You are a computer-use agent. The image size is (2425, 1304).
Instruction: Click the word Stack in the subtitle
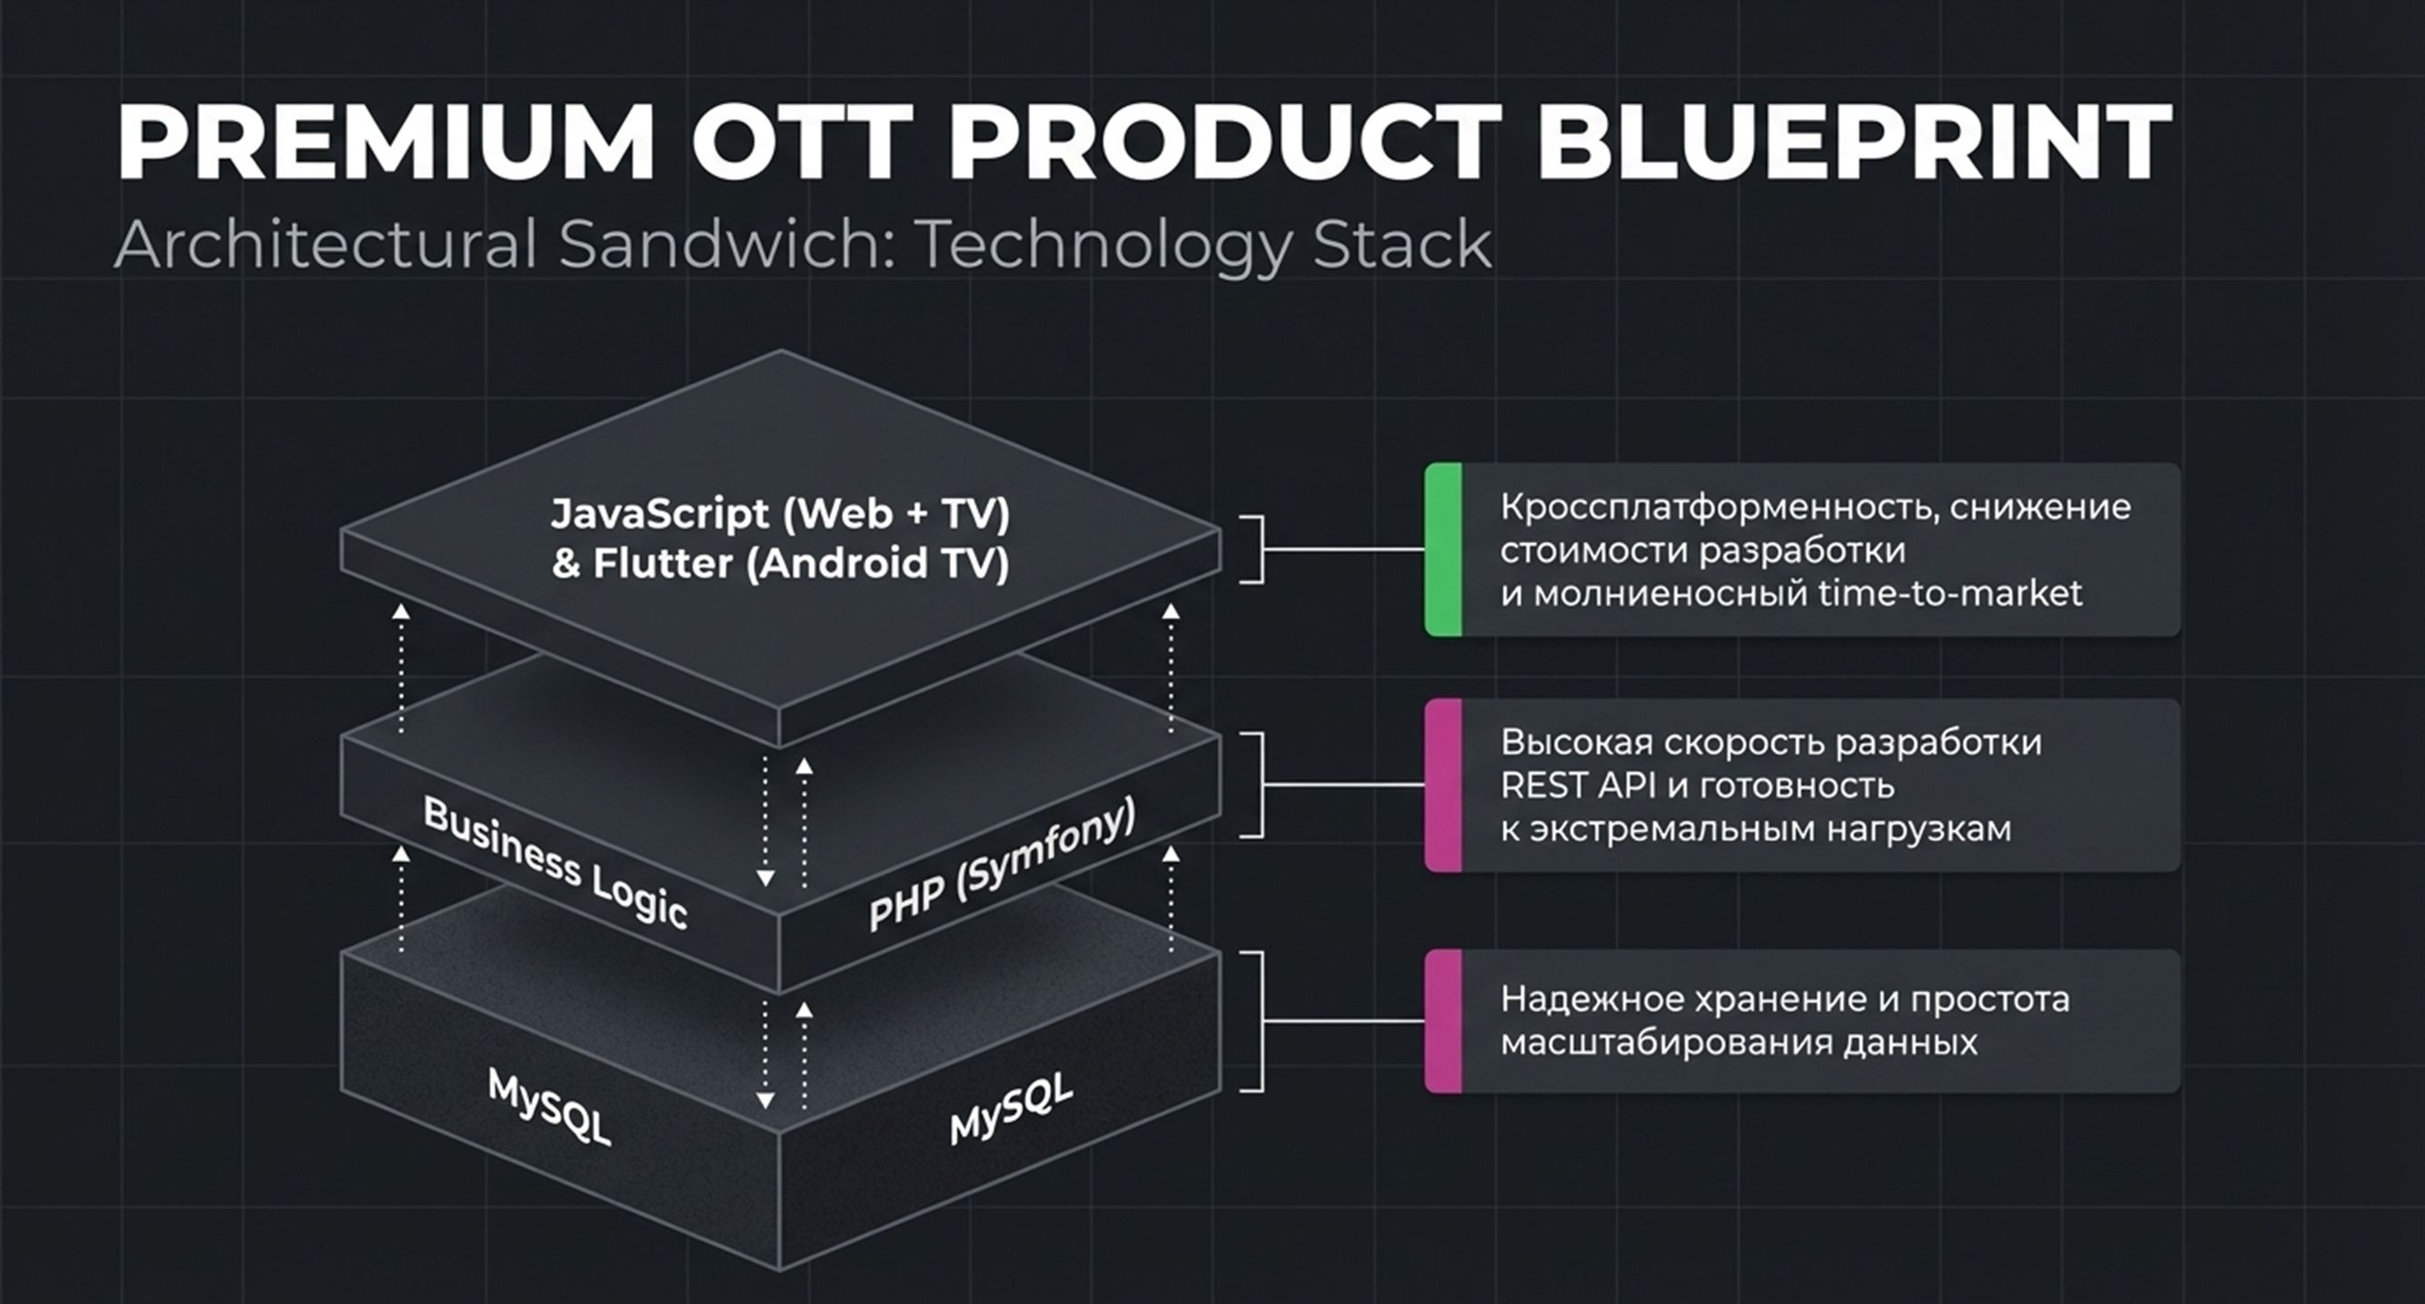tap(1402, 244)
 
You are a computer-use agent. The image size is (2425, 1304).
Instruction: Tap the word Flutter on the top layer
tap(663, 564)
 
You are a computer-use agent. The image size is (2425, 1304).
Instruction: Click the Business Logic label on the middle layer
tap(556, 862)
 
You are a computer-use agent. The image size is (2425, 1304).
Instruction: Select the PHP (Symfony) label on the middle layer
tap(1002, 864)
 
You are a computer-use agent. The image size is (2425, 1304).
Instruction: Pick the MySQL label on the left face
tap(550, 1108)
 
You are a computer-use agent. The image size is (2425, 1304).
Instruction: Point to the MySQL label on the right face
tap(1011, 1109)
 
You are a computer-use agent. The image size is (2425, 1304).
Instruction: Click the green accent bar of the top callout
tap(1443, 550)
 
